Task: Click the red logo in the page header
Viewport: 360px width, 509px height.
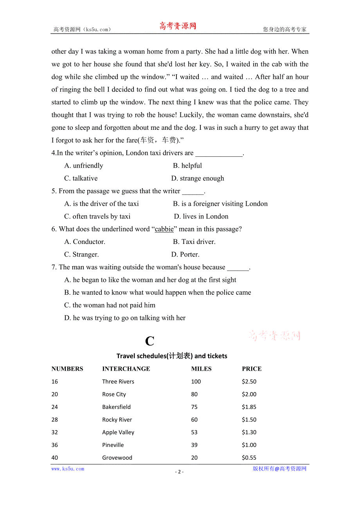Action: click(177, 26)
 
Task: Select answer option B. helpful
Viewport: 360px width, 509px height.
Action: click(187, 166)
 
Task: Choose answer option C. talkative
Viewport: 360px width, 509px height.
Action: click(81, 178)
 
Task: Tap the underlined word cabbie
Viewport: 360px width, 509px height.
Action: click(164, 229)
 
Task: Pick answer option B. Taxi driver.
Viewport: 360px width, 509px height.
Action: click(194, 242)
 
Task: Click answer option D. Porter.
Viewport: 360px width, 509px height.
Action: click(185, 254)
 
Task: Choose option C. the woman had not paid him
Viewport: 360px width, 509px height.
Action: click(110, 305)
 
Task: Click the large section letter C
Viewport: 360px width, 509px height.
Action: click(149, 341)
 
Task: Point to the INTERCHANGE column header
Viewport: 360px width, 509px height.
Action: click(126, 369)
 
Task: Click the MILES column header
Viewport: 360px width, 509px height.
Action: click(201, 369)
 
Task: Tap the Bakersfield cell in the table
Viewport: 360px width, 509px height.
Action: click(116, 407)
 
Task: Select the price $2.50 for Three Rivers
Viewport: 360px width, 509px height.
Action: click(249, 382)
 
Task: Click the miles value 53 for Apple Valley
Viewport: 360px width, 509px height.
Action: click(194, 432)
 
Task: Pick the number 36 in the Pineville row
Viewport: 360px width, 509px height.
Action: click(55, 445)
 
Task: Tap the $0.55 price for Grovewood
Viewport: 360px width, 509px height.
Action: click(249, 458)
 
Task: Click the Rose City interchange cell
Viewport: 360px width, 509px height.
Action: click(114, 394)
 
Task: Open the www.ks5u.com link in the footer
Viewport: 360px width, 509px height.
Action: click(68, 469)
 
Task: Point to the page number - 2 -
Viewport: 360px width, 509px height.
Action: click(179, 471)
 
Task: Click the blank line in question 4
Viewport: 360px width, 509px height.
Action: click(219, 154)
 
